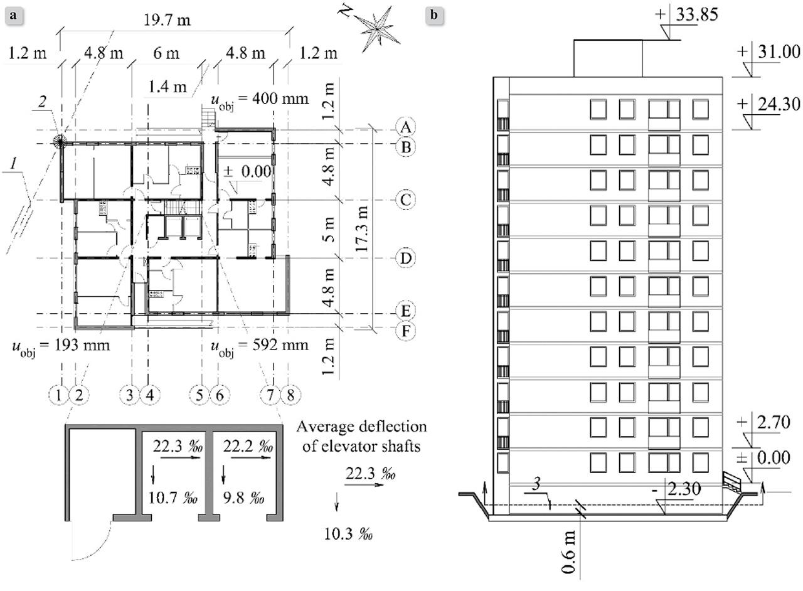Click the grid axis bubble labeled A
point(407,127)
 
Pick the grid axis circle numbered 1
point(58,395)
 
